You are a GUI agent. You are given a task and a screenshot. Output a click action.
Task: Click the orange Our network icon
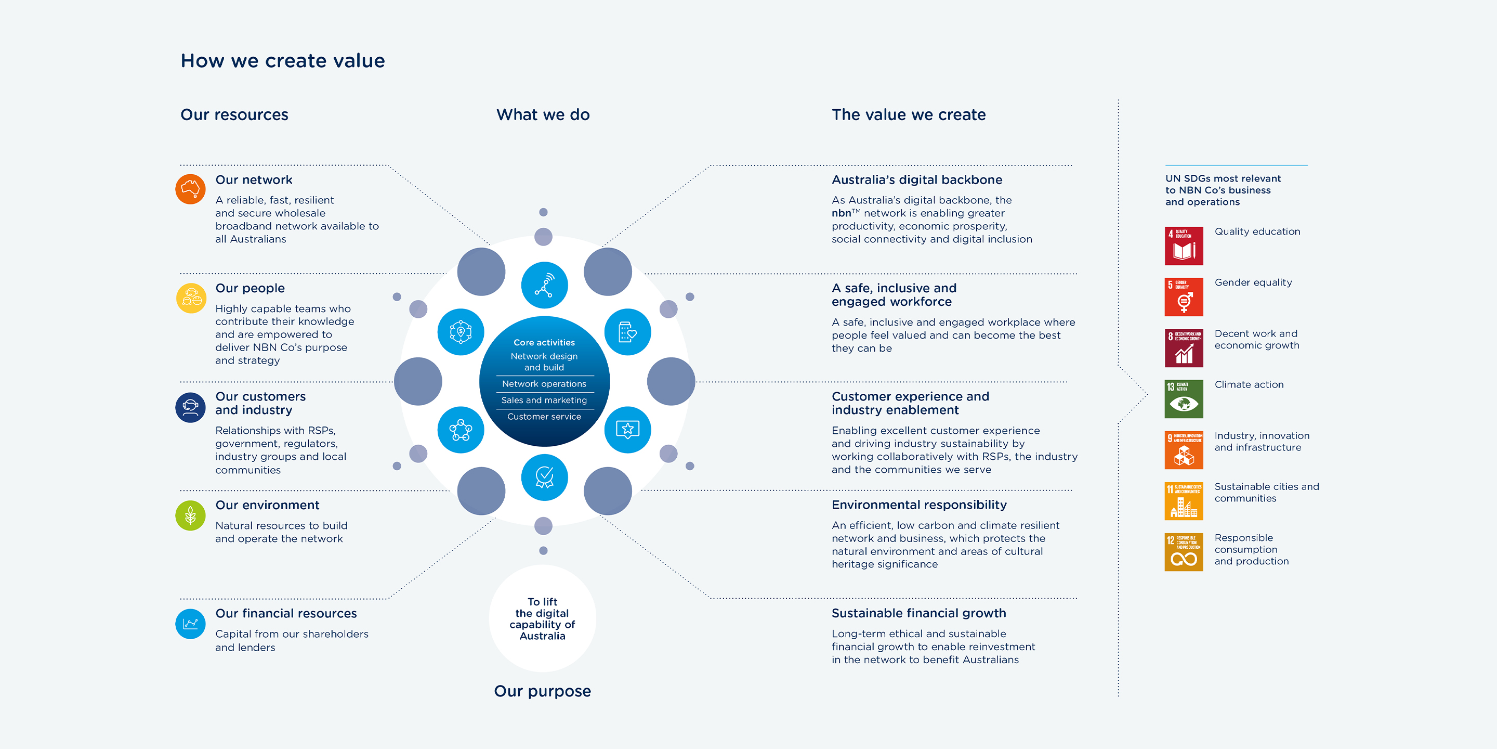click(x=191, y=189)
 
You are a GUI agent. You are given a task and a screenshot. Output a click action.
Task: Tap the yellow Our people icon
click(x=191, y=298)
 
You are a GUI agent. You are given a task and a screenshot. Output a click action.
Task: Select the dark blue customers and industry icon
click(x=191, y=407)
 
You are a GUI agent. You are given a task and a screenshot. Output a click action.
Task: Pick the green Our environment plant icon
click(x=191, y=515)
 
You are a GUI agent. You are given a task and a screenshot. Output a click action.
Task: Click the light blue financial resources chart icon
click(x=191, y=624)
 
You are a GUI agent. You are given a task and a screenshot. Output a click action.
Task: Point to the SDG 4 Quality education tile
click(x=1184, y=246)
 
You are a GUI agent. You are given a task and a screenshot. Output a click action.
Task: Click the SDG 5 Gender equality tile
click(x=1184, y=296)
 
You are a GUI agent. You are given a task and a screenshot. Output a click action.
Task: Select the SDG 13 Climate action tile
click(x=1184, y=399)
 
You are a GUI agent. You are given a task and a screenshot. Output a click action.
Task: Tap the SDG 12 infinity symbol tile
click(x=1184, y=552)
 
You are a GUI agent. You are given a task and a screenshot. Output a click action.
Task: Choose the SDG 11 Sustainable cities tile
click(x=1184, y=501)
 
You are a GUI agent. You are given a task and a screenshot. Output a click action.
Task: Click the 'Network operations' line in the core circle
click(x=544, y=384)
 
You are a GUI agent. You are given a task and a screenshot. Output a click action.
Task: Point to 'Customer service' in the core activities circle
click(x=544, y=416)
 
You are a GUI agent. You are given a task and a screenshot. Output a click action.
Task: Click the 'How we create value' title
click(x=282, y=60)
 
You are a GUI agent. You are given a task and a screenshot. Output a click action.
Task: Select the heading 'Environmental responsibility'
click(x=919, y=505)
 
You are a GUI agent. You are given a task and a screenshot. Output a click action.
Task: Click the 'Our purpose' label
click(x=542, y=691)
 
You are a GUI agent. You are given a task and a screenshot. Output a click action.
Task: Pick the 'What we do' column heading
click(x=543, y=114)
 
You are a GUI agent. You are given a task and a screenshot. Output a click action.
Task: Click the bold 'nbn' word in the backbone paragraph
click(x=841, y=213)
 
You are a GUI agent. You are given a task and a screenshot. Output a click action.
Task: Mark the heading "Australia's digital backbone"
click(x=916, y=179)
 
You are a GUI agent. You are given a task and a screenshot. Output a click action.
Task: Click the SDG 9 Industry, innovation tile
click(x=1184, y=450)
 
